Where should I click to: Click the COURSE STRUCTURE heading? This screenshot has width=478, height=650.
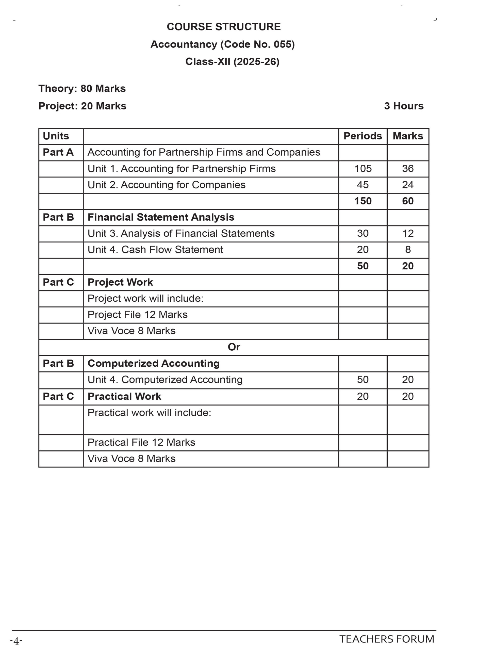[223, 27]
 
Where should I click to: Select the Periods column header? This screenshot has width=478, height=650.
[362, 136]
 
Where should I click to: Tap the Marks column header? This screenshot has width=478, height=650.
[408, 136]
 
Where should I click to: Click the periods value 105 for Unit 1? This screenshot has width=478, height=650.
[363, 168]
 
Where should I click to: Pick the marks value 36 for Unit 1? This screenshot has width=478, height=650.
[408, 168]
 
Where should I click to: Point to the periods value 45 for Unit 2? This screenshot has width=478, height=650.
[362, 185]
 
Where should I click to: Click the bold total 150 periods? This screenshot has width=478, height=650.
[363, 201]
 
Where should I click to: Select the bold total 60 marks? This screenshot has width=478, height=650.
[408, 201]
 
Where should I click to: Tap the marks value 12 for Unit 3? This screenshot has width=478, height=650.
[408, 233]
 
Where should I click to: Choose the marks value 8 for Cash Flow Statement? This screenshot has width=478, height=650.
[408, 250]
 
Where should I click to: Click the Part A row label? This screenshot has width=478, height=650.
[58, 152]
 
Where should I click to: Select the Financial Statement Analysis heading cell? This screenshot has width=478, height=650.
[161, 217]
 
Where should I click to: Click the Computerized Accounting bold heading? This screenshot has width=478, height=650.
[153, 363]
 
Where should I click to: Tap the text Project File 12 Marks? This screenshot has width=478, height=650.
[137, 315]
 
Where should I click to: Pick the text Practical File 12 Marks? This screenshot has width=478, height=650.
[141, 443]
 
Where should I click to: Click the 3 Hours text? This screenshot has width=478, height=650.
[404, 106]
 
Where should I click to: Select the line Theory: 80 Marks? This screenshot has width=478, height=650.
[82, 89]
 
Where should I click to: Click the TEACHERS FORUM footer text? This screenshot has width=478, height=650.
[387, 639]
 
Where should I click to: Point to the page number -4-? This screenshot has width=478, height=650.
[16, 641]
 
